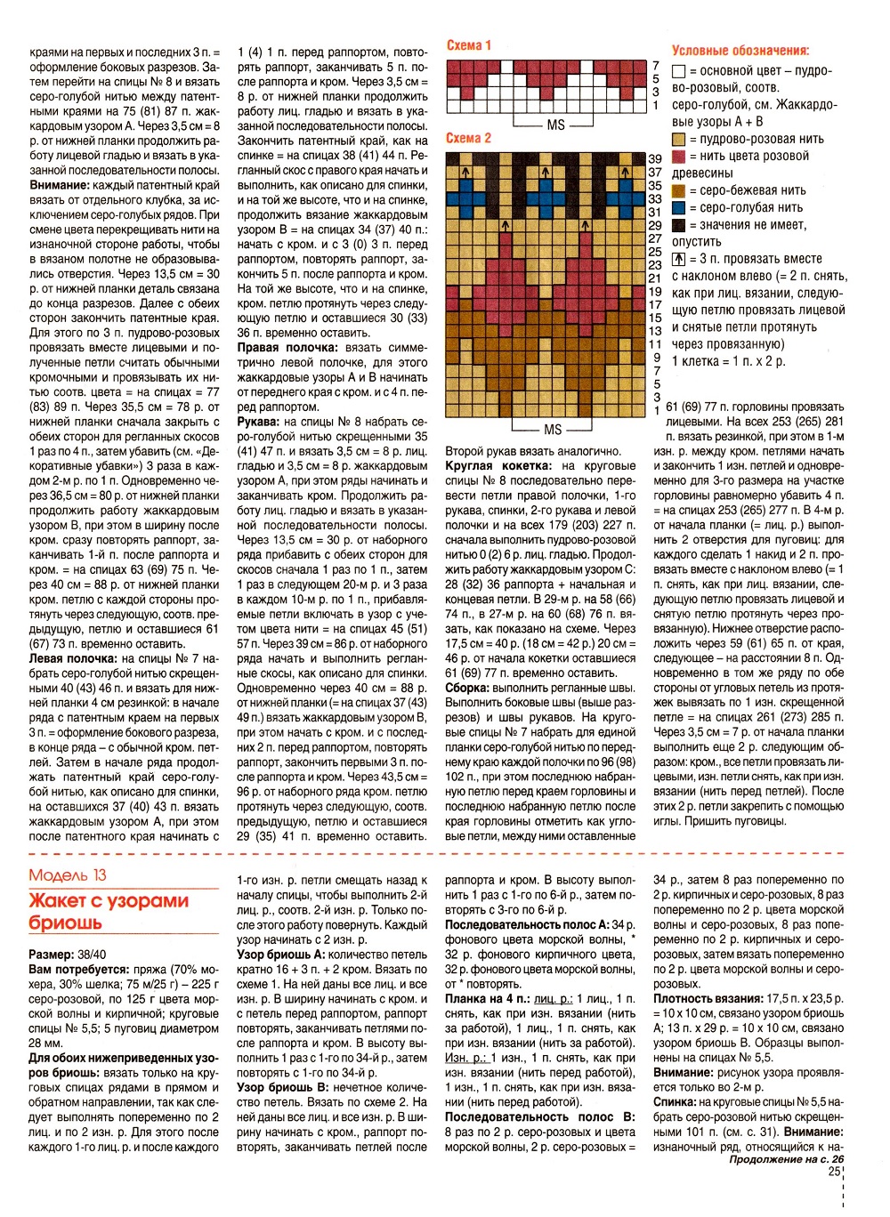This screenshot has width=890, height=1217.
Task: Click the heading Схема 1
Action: (x=468, y=45)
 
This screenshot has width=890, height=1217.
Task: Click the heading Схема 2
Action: (x=468, y=138)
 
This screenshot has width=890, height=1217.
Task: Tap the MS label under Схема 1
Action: (x=555, y=125)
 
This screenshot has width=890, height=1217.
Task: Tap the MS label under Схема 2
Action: (x=553, y=430)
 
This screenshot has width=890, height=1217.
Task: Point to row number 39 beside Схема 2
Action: (x=655, y=159)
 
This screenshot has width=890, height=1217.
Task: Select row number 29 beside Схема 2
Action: (x=655, y=226)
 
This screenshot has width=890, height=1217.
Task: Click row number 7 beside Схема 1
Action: (x=656, y=66)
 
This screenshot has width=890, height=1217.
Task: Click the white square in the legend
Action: (x=679, y=71)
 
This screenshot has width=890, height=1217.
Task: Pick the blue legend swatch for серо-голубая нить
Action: (x=679, y=208)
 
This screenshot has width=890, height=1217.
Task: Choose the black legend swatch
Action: (x=679, y=225)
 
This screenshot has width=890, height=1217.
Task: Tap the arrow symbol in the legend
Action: (x=679, y=259)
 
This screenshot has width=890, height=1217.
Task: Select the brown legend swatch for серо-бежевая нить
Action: (x=679, y=191)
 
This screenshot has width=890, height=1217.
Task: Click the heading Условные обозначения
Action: (x=740, y=51)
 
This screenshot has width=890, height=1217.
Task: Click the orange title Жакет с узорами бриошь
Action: (x=109, y=911)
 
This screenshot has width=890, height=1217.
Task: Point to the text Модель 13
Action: (x=68, y=875)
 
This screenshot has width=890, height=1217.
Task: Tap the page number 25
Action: (x=834, y=1171)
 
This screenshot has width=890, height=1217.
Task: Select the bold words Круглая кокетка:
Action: (x=498, y=465)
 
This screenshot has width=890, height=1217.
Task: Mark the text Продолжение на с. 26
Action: (x=786, y=1159)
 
